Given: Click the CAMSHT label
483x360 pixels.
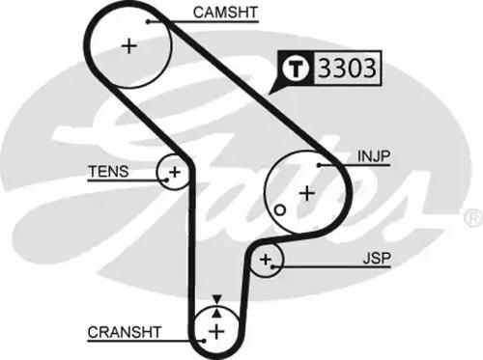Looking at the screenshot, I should click(225, 14).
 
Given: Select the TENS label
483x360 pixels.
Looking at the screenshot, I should click(106, 173).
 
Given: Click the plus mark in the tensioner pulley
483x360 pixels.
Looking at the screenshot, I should click(174, 174).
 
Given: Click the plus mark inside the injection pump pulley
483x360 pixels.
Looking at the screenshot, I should click(306, 192).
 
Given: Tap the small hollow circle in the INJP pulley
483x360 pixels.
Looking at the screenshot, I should click(279, 208).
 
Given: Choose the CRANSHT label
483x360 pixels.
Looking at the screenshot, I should click(124, 331).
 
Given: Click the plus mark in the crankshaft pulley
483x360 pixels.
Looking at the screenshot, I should click(216, 332).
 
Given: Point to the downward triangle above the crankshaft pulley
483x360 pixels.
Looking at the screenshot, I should click(216, 300).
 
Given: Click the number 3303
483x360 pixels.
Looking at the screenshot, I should click(345, 69).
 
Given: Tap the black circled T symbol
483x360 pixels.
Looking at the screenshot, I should click(297, 69).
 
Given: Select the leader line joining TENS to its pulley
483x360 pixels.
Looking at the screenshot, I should click(145, 174).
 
